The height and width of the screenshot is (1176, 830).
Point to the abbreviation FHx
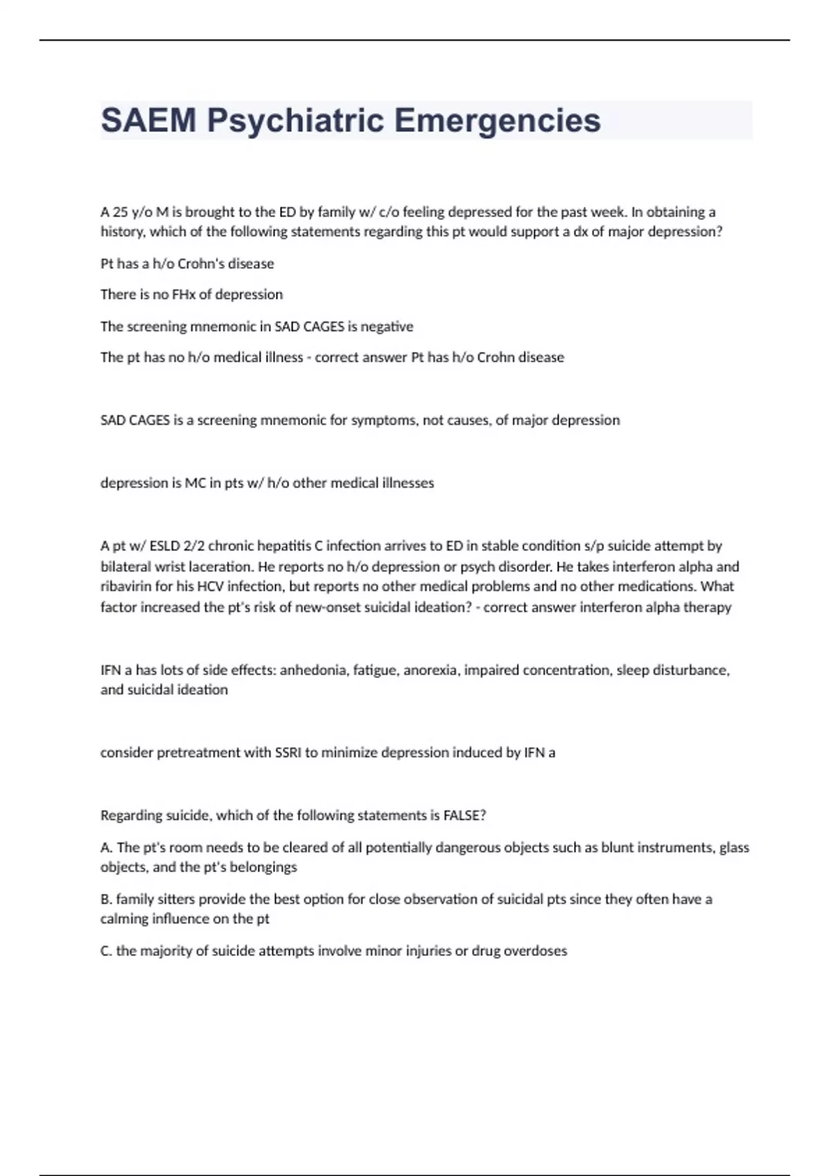coord(183,295)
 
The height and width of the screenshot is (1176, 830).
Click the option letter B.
coord(106,899)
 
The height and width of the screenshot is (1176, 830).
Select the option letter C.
coord(106,951)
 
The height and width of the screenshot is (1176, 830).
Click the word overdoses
coord(535,951)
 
